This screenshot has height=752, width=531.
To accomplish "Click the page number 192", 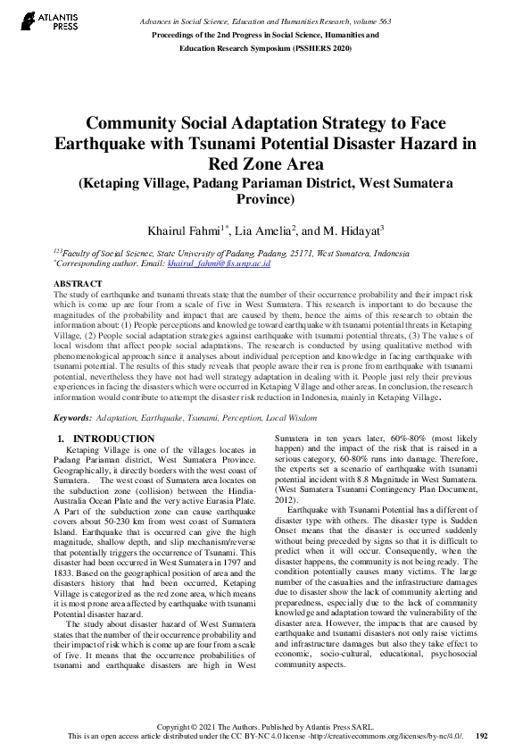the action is (x=482, y=736).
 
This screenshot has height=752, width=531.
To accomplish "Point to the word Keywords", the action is (x=72, y=417).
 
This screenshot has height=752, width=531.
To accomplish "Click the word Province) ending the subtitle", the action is (x=265, y=200).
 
